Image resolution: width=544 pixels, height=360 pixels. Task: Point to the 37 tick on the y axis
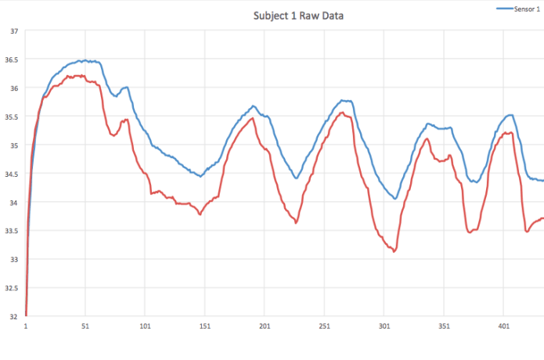[x=13, y=31]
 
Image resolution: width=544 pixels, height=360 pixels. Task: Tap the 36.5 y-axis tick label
[x=12, y=59]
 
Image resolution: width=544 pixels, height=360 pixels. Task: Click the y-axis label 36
[x=13, y=88]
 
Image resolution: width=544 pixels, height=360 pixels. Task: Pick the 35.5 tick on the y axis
[x=12, y=117]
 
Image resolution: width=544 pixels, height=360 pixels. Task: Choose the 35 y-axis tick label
[x=13, y=146]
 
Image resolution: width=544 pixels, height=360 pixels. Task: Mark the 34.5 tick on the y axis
[x=12, y=174]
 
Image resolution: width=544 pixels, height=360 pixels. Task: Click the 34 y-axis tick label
[x=13, y=203]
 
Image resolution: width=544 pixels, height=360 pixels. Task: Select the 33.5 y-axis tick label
[x=12, y=231]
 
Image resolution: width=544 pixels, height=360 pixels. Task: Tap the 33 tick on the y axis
[x=13, y=260]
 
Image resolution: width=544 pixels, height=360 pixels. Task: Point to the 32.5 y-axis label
[x=12, y=288]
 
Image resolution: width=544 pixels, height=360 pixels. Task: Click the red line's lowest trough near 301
[x=394, y=251]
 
